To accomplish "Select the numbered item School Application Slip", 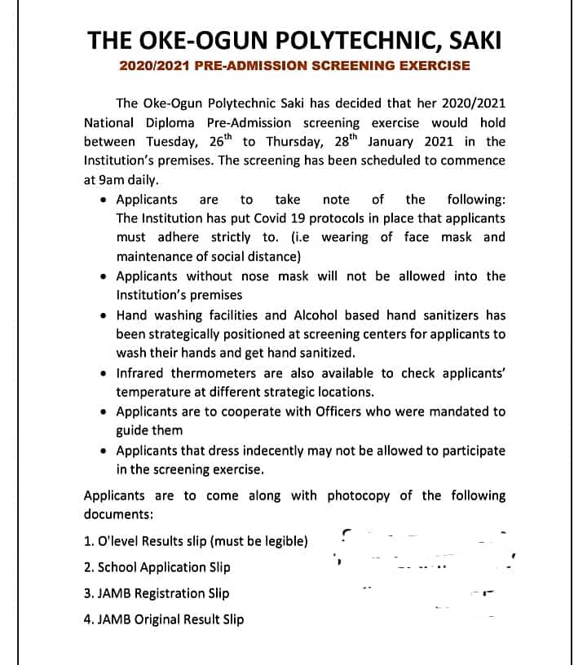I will coord(157,567).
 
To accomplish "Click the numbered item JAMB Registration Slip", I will coord(156,593).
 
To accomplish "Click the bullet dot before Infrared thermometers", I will coord(102,373).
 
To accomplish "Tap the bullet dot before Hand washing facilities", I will coord(102,315).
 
